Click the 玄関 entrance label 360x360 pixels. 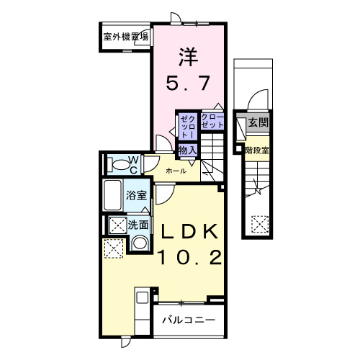tap(258, 122)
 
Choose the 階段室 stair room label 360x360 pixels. tap(256, 150)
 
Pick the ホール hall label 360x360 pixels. tap(176, 171)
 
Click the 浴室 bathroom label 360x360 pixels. tap(137, 195)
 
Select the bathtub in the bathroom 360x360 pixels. tap(114, 195)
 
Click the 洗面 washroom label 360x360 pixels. tap(138, 225)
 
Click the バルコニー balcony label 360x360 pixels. tap(187, 319)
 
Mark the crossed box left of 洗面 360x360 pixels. tap(115, 225)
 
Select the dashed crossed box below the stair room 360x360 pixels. tap(258, 225)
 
